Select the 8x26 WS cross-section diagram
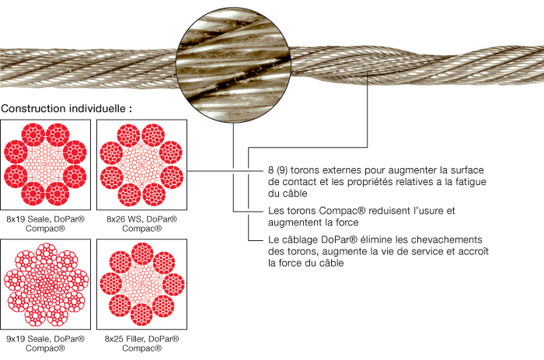pos(141,164)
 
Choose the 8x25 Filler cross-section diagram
pos(141,285)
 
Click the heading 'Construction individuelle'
pos(67,108)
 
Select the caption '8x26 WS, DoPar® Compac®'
pos(141,224)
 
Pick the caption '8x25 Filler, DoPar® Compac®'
pos(141,344)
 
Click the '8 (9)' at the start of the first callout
pos(275,170)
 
